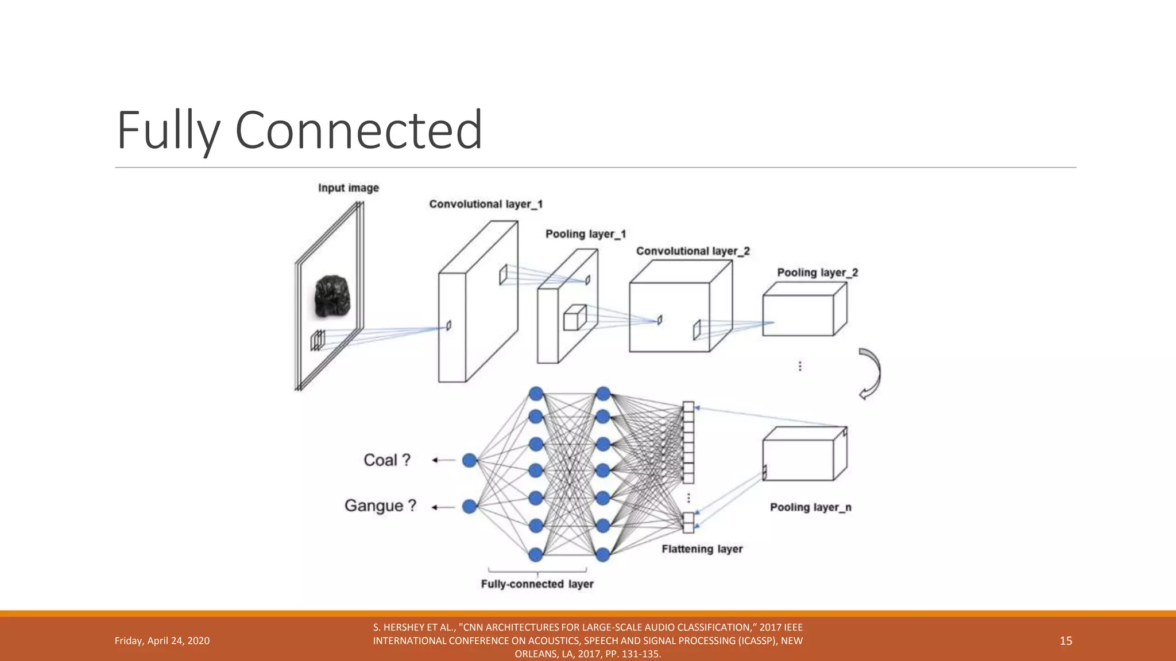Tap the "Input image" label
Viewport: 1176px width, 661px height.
[349, 188]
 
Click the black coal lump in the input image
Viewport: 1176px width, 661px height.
[332, 296]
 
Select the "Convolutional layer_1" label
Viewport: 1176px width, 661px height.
[486, 204]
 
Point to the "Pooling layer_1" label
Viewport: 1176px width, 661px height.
[585, 234]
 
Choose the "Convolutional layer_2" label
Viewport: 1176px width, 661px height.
[693, 251]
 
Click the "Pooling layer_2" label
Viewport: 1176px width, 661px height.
[817, 273]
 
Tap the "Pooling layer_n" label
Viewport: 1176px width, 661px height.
[810, 507]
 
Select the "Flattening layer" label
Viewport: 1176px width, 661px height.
[702, 549]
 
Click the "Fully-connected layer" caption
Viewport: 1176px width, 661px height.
[537, 584]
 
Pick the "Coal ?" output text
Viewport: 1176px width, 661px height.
[387, 460]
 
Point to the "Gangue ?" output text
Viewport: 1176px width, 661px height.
[380, 506]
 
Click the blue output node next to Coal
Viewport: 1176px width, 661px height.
[470, 460]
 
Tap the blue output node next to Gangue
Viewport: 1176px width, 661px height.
[470, 507]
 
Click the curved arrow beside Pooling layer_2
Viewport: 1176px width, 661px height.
[870, 373]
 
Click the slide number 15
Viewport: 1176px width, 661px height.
[1066, 641]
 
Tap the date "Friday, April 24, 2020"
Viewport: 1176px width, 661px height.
[162, 641]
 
